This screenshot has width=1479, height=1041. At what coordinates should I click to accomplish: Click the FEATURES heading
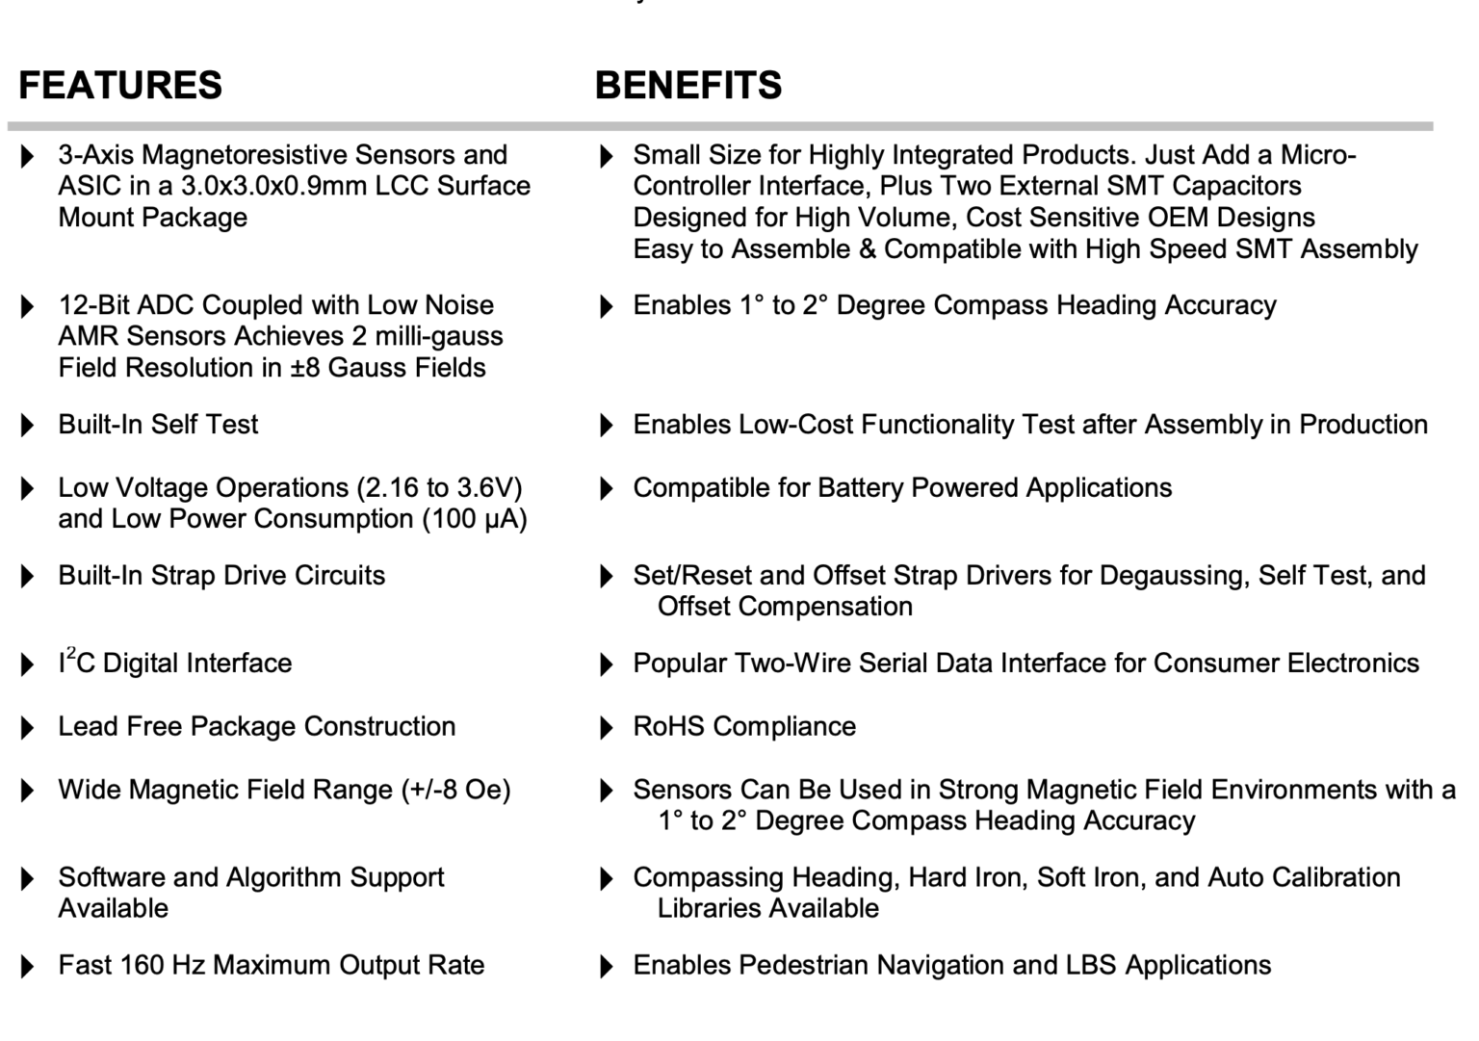click(120, 85)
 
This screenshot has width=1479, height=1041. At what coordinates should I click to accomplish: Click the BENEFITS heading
click(688, 85)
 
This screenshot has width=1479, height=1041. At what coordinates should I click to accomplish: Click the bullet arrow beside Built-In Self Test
click(27, 426)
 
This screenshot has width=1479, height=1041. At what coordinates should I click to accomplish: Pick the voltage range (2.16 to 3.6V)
click(439, 487)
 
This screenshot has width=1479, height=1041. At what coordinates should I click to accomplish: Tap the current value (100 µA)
click(475, 519)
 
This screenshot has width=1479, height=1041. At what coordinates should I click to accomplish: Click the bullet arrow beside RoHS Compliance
click(607, 728)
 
